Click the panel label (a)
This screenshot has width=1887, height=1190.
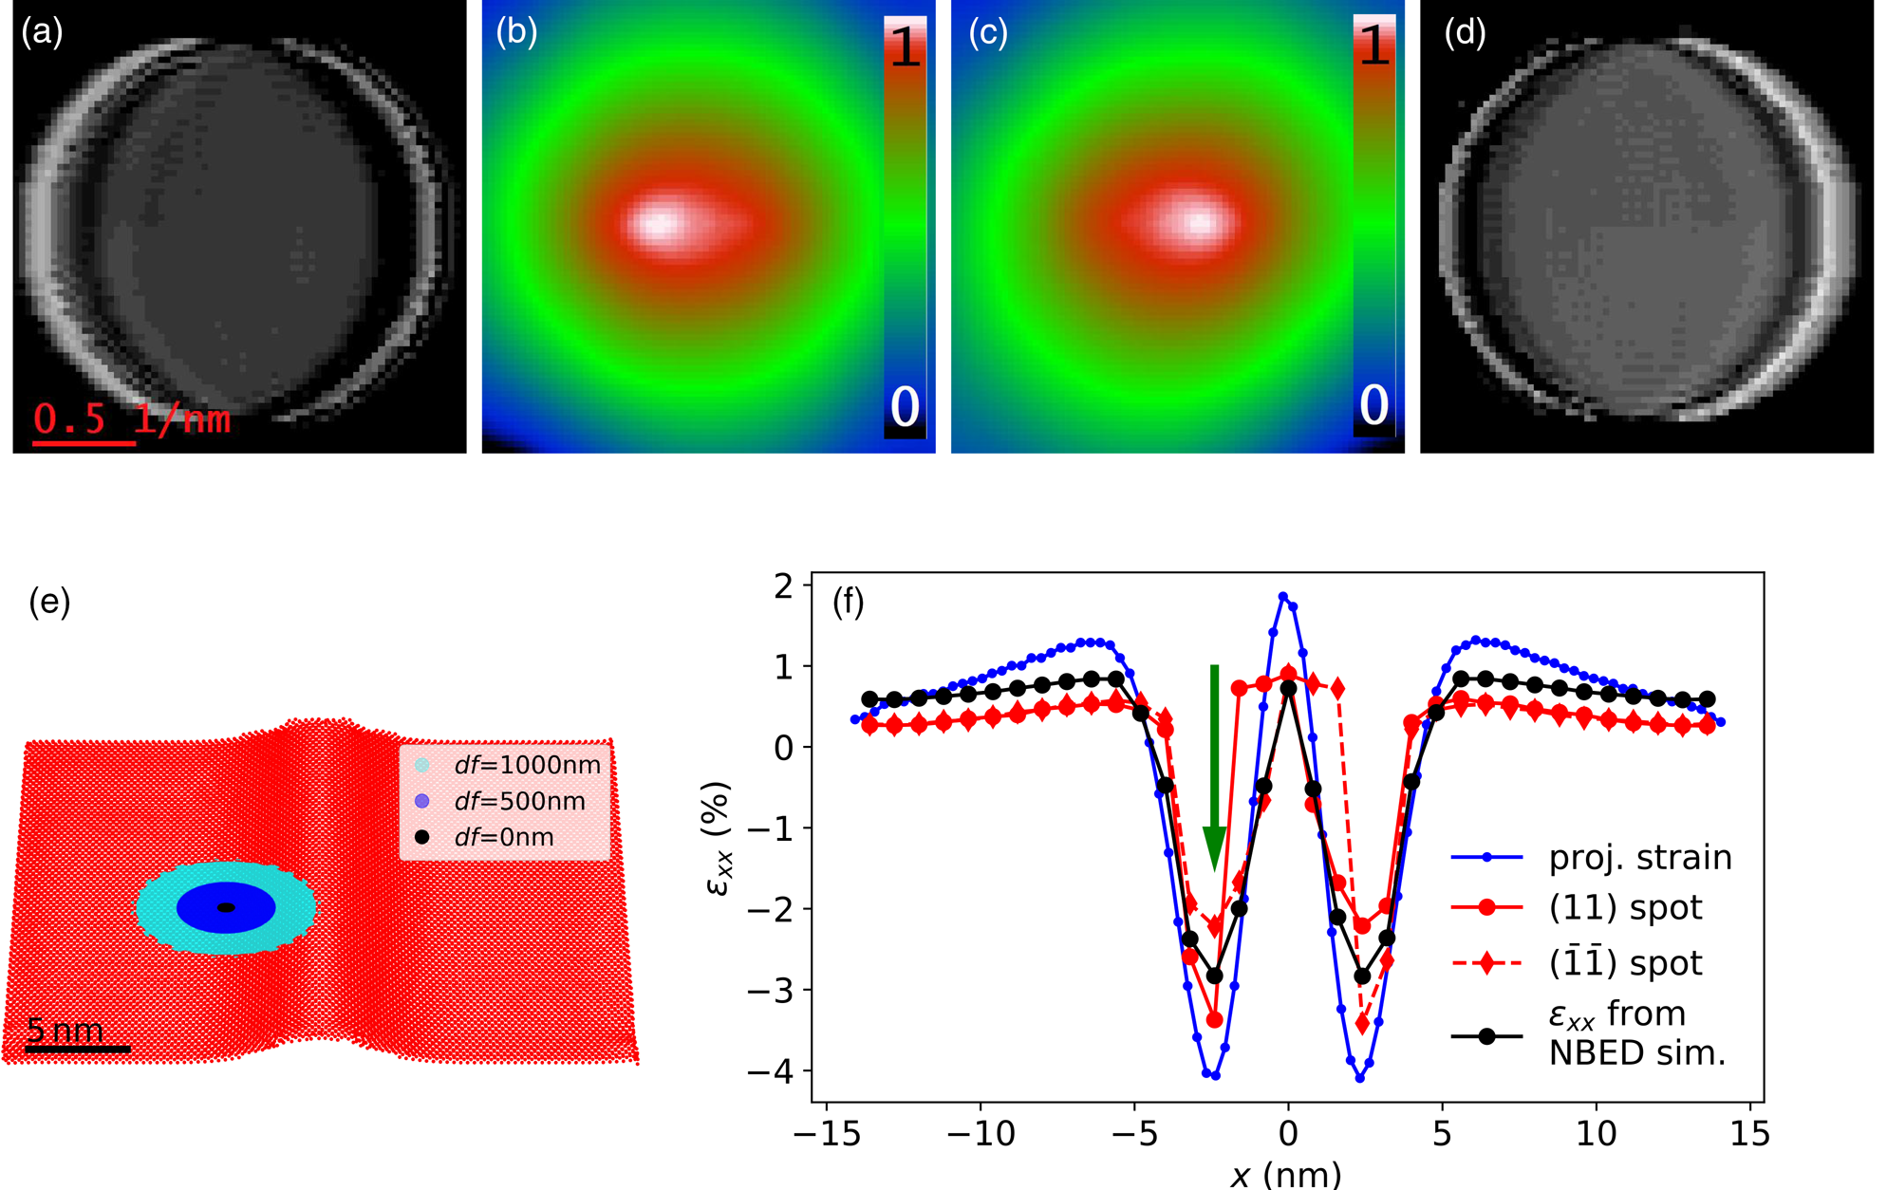pyautogui.click(x=42, y=33)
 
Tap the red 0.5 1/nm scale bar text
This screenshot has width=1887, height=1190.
pyautogui.click(x=132, y=418)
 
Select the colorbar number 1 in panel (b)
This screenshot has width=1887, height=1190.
pyautogui.click(x=906, y=47)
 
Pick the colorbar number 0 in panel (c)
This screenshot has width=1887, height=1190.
pyautogui.click(x=1374, y=405)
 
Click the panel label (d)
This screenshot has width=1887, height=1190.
pyautogui.click(x=1465, y=33)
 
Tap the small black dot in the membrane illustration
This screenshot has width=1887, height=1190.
pyautogui.click(x=226, y=908)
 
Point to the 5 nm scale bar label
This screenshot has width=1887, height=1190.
pyautogui.click(x=65, y=1030)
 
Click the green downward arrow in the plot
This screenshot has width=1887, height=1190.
pyautogui.click(x=1214, y=768)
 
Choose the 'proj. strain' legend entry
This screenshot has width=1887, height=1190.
pyautogui.click(x=1592, y=858)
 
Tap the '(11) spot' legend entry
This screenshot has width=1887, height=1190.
pyautogui.click(x=1577, y=908)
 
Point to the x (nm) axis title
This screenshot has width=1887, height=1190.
pyautogui.click(x=1286, y=1175)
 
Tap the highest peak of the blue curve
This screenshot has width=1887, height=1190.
pyautogui.click(x=1283, y=596)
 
